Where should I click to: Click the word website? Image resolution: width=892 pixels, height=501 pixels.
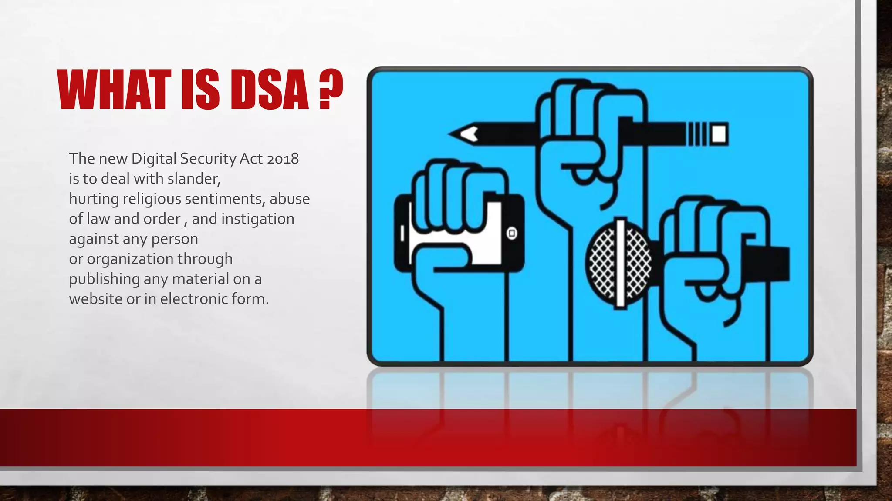tap(95, 299)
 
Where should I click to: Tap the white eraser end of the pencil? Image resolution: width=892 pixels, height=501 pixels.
tap(719, 134)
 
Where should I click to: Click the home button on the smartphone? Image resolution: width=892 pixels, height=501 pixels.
tap(512, 234)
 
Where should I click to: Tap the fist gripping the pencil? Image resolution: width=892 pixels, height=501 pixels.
tap(584, 130)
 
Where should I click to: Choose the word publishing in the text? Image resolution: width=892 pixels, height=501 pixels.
tap(104, 279)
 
